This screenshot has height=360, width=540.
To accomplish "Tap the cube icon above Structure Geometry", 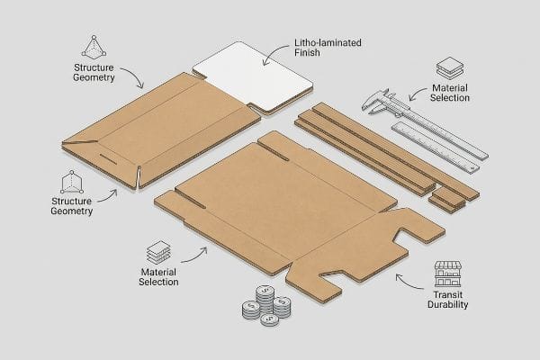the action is pos(72,182).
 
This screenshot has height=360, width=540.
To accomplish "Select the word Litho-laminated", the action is pos(328,42).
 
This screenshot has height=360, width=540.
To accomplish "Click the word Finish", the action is pos(307,53).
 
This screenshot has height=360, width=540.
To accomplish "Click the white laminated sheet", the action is pos(253,78).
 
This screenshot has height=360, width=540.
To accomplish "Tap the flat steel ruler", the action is pos(436,147).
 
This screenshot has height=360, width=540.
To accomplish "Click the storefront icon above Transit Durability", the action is pos(447,274).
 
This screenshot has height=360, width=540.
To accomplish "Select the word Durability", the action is pos(447,304).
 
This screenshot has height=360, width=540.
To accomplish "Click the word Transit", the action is pos(447,295).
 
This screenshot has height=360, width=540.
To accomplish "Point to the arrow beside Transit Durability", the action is pos(408,283).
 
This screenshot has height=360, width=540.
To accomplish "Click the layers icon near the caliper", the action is pos(450,68).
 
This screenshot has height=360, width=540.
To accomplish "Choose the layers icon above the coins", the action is pos(158,253).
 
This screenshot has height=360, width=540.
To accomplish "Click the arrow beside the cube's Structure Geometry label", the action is pos(109,196).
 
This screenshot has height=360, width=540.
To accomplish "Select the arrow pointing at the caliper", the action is pos(417,93).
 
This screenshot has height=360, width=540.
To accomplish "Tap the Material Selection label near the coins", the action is pos(158,277).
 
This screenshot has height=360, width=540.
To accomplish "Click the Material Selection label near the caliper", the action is pos(450,93).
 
